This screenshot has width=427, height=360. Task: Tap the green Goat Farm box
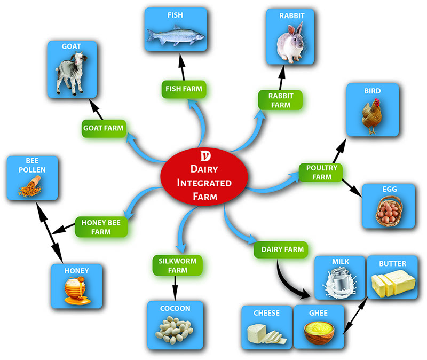click(103, 128)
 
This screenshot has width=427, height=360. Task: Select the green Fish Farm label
click(184, 89)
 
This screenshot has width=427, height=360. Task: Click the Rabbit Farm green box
click(280, 100)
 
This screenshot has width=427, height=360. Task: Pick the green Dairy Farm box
click(282, 249)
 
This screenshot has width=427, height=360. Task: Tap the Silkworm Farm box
click(174, 265)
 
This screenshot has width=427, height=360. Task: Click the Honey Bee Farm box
click(101, 226)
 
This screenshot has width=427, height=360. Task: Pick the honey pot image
click(75, 291)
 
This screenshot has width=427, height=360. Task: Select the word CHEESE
click(267, 313)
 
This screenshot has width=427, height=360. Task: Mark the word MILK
click(341, 263)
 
